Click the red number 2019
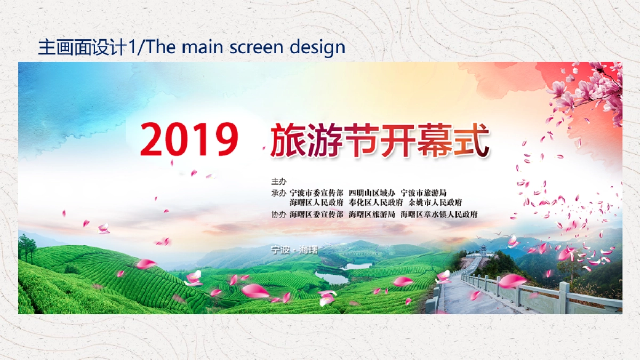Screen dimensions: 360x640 pyautogui.click(x=189, y=140)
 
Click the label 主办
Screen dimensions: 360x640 pyautogui.click(x=278, y=181)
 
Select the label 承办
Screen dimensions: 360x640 pyautogui.click(x=278, y=193)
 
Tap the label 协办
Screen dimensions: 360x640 pyautogui.click(x=278, y=214)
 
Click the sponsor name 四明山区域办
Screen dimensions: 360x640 pyautogui.click(x=372, y=193)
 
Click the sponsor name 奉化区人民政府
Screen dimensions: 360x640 pyautogui.click(x=375, y=203)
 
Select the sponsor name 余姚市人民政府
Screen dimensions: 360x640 pyautogui.click(x=435, y=203)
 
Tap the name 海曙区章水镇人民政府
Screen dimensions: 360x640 pyautogui.click(x=439, y=214)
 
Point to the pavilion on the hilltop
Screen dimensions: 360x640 pyautogui.click(x=483, y=249)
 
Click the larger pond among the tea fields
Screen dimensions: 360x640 pyautogui.click(x=332, y=277)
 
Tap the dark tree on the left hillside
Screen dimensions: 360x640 pyautogui.click(x=27, y=246)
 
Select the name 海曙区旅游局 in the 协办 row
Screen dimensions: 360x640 pyautogui.click(x=372, y=214)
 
